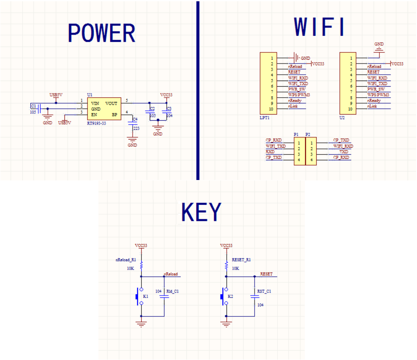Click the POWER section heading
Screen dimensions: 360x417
(101, 33)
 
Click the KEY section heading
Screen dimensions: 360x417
(201, 212)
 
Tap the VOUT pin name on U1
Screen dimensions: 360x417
(111, 103)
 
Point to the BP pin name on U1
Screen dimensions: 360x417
(114, 115)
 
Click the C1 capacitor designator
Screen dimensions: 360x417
(33, 106)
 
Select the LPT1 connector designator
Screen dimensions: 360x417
(265, 117)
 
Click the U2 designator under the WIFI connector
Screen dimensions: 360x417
(342, 117)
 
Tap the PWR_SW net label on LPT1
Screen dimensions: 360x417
(297, 89)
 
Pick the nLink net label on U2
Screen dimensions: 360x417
(372, 106)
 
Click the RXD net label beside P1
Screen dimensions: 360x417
(270, 151)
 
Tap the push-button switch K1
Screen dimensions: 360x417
(139, 296)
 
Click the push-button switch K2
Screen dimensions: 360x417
(223, 296)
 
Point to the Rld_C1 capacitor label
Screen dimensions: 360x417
(173, 291)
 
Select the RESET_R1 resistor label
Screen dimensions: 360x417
(241, 259)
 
